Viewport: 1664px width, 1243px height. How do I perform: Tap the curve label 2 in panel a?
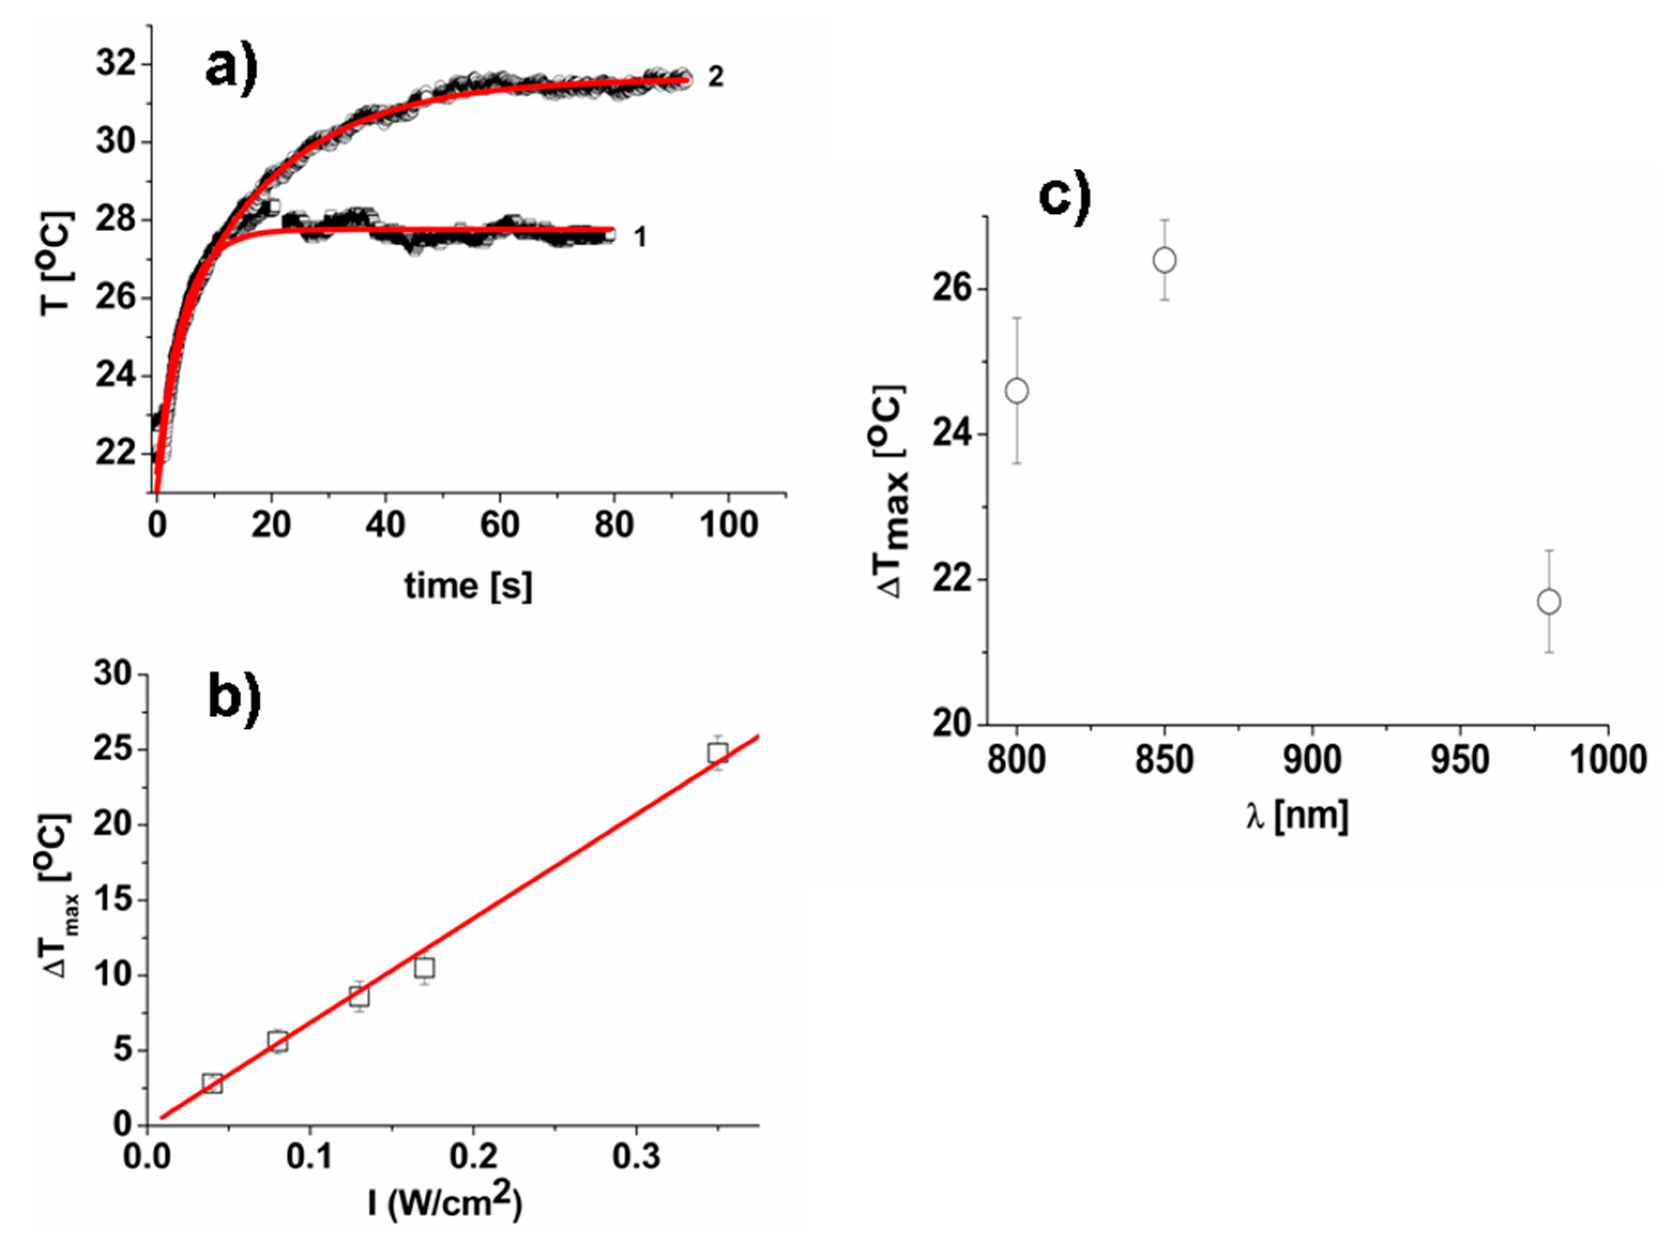coord(715,76)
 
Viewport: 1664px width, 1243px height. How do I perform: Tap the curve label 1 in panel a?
coord(639,237)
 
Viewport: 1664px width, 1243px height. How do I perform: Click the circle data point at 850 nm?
coord(1164,260)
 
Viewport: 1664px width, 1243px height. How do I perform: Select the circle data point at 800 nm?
coord(1016,391)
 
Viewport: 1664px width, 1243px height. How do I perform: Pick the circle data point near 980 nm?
coord(1549,602)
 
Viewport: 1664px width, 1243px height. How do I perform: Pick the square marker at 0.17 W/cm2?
coord(424,968)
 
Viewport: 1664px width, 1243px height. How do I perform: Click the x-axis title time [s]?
coord(468,586)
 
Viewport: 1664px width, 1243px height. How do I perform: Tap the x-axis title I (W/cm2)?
coord(445,1202)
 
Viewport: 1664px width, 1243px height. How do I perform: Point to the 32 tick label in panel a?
coord(117,64)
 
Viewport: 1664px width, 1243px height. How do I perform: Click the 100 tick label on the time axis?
coord(728,524)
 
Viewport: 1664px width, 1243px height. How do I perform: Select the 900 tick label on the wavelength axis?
coord(1312,760)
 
